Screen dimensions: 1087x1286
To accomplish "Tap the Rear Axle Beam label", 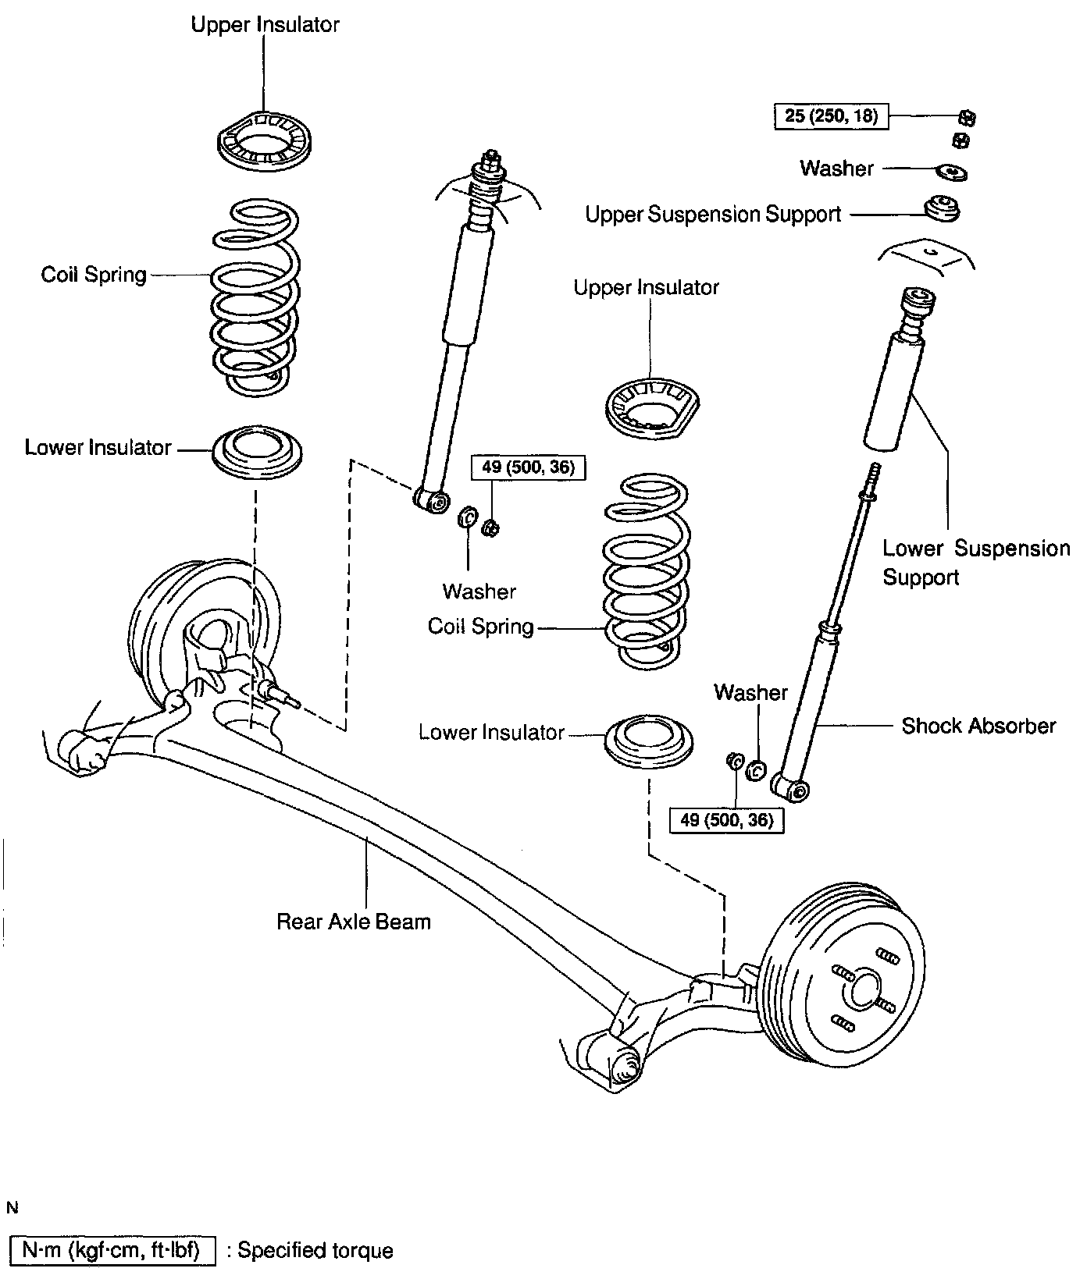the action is (x=354, y=922).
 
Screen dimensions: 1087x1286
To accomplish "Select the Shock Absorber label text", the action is (x=978, y=726).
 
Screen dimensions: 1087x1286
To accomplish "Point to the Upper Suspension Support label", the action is (x=713, y=214).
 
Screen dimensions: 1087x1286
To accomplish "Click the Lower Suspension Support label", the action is (x=976, y=563).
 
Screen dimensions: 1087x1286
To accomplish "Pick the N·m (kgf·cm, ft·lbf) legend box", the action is (x=112, y=1251).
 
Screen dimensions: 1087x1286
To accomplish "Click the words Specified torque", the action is (x=315, y=1251).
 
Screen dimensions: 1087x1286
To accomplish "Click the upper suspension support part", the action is (x=942, y=209).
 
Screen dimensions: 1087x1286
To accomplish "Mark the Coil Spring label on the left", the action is (x=94, y=275).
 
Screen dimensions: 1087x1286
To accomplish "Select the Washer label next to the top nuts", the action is (x=836, y=168).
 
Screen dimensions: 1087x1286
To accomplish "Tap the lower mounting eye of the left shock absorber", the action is (x=433, y=499).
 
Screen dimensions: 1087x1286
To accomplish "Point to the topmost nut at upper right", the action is (x=967, y=118).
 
